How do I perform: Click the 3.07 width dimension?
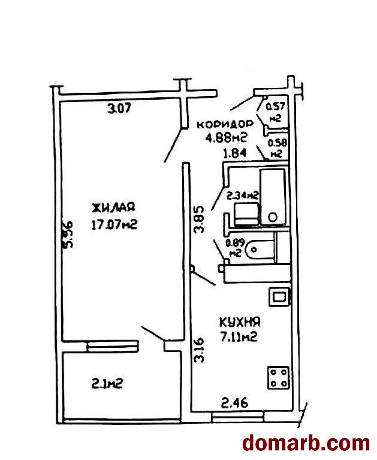tap(119, 109)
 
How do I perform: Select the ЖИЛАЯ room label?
tap(114, 207)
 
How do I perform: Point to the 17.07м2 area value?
tap(114, 225)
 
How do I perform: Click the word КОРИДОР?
tap(225, 125)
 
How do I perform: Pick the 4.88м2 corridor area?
tap(226, 137)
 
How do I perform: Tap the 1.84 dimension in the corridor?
tap(235, 153)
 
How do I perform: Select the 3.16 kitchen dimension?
tap(199, 350)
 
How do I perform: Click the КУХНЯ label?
tap(240, 322)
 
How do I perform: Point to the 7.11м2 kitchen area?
tap(239, 337)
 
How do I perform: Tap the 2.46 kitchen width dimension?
tap(235, 402)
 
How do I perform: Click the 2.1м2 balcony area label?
tap(107, 383)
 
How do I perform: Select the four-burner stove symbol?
tap(278, 378)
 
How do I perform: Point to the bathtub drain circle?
tap(273, 217)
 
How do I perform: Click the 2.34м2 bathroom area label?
tap(242, 195)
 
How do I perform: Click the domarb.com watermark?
tap(306, 443)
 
